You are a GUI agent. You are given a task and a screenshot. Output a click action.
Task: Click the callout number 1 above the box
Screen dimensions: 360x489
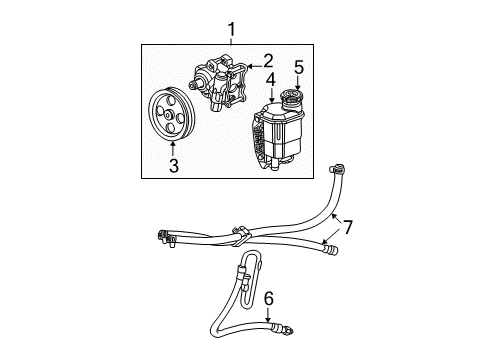point(231,29)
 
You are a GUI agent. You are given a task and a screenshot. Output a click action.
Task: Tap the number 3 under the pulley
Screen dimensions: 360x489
point(173,166)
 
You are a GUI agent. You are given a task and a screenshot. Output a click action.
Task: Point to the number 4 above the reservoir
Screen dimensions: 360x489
point(271,78)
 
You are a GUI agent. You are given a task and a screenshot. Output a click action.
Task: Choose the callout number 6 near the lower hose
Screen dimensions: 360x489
point(268,297)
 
